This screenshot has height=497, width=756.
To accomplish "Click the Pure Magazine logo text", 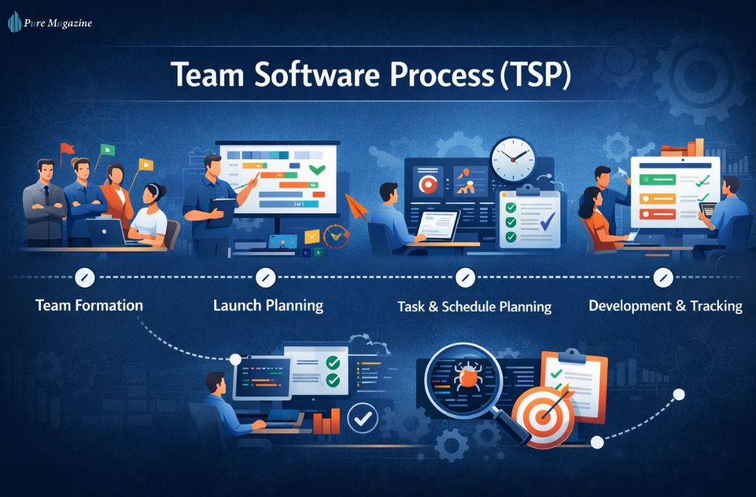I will (x=58, y=23).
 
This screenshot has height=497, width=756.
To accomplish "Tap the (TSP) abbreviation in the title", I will (x=533, y=76).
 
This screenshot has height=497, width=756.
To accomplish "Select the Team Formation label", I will (x=89, y=304).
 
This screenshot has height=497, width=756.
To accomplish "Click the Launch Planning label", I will (x=268, y=304).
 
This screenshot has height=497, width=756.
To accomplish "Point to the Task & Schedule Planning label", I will (x=474, y=306).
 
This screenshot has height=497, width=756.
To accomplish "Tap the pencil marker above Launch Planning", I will (x=265, y=278).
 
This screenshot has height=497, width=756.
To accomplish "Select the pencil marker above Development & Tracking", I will (x=663, y=278).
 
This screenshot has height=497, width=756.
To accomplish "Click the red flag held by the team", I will (x=68, y=147).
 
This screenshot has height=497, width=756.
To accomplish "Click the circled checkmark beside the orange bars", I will (x=362, y=419).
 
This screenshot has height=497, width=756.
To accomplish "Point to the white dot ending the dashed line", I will (x=678, y=394).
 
